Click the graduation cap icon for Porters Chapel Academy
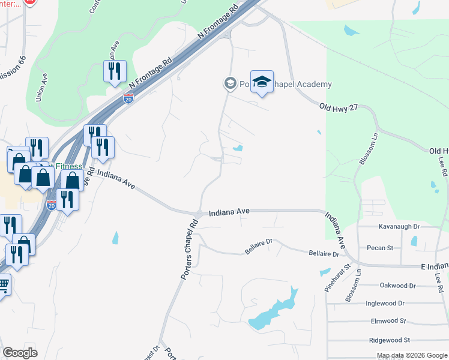coord(262,82)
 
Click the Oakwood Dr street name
coord(397,286)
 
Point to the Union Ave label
coord(41,87)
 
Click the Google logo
coord(20,353)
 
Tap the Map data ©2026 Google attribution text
coord(411,355)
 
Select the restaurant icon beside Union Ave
coord(113,71)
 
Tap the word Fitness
coord(70,166)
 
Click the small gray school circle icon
coord(230,84)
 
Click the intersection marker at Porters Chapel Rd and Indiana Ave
coord(199,214)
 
